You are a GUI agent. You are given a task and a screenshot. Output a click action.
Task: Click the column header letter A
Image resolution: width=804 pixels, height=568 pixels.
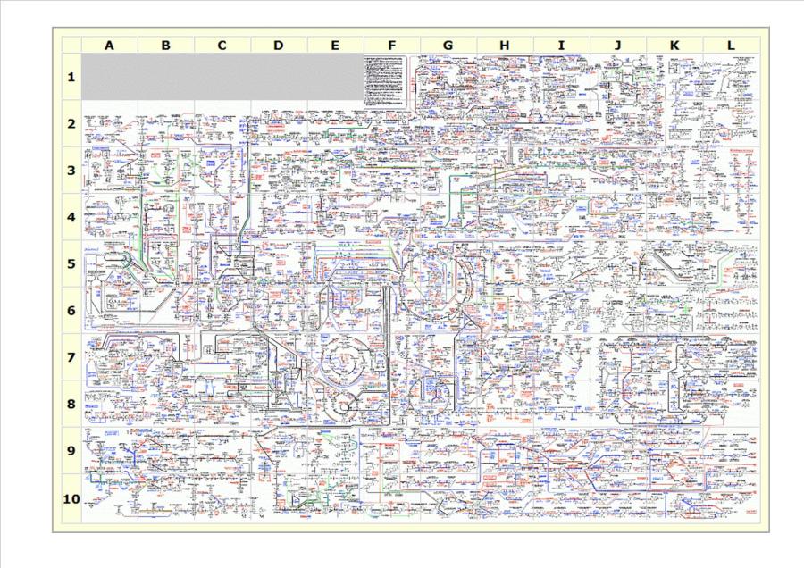pyautogui.click(x=109, y=45)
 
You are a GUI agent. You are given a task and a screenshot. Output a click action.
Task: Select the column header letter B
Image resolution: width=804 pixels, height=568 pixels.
pyautogui.click(x=165, y=45)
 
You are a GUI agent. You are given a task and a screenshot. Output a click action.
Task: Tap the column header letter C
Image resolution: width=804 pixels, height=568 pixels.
pyautogui.click(x=222, y=45)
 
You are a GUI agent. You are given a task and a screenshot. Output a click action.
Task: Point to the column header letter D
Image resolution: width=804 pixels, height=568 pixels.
pyautogui.click(x=279, y=45)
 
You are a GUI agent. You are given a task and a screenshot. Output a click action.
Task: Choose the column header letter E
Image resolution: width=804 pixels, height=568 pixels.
pyautogui.click(x=335, y=45)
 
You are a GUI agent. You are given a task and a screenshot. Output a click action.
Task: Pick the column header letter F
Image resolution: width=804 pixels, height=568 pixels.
pyautogui.click(x=391, y=45)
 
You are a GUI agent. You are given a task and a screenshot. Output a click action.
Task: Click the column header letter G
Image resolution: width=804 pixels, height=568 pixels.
pyautogui.click(x=448, y=45)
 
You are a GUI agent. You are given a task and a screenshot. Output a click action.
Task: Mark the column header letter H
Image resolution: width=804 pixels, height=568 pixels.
pyautogui.click(x=505, y=45)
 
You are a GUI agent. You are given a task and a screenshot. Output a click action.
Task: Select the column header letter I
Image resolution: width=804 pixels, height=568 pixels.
pyautogui.click(x=561, y=45)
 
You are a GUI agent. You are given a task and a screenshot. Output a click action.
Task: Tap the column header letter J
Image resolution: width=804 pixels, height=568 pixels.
pyautogui.click(x=617, y=45)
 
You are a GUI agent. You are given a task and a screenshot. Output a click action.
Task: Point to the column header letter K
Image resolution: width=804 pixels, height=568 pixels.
pyautogui.click(x=674, y=45)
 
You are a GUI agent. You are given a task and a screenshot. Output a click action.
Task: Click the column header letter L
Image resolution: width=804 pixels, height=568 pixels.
pyautogui.click(x=731, y=45)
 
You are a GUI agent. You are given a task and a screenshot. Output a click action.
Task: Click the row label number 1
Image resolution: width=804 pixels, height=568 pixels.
pyautogui.click(x=71, y=77)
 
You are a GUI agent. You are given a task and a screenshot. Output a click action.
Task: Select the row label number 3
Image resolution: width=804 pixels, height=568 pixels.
pyautogui.click(x=71, y=171)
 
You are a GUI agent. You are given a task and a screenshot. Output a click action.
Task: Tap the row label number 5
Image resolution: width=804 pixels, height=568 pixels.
pyautogui.click(x=71, y=263)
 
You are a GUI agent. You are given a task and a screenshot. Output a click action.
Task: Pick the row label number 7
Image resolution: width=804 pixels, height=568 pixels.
pyautogui.click(x=71, y=357)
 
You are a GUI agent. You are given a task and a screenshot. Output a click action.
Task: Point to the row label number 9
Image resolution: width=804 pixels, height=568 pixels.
pyautogui.click(x=71, y=451)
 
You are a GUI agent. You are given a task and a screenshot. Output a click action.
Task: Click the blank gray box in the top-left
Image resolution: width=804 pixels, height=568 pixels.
pyautogui.click(x=222, y=76)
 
